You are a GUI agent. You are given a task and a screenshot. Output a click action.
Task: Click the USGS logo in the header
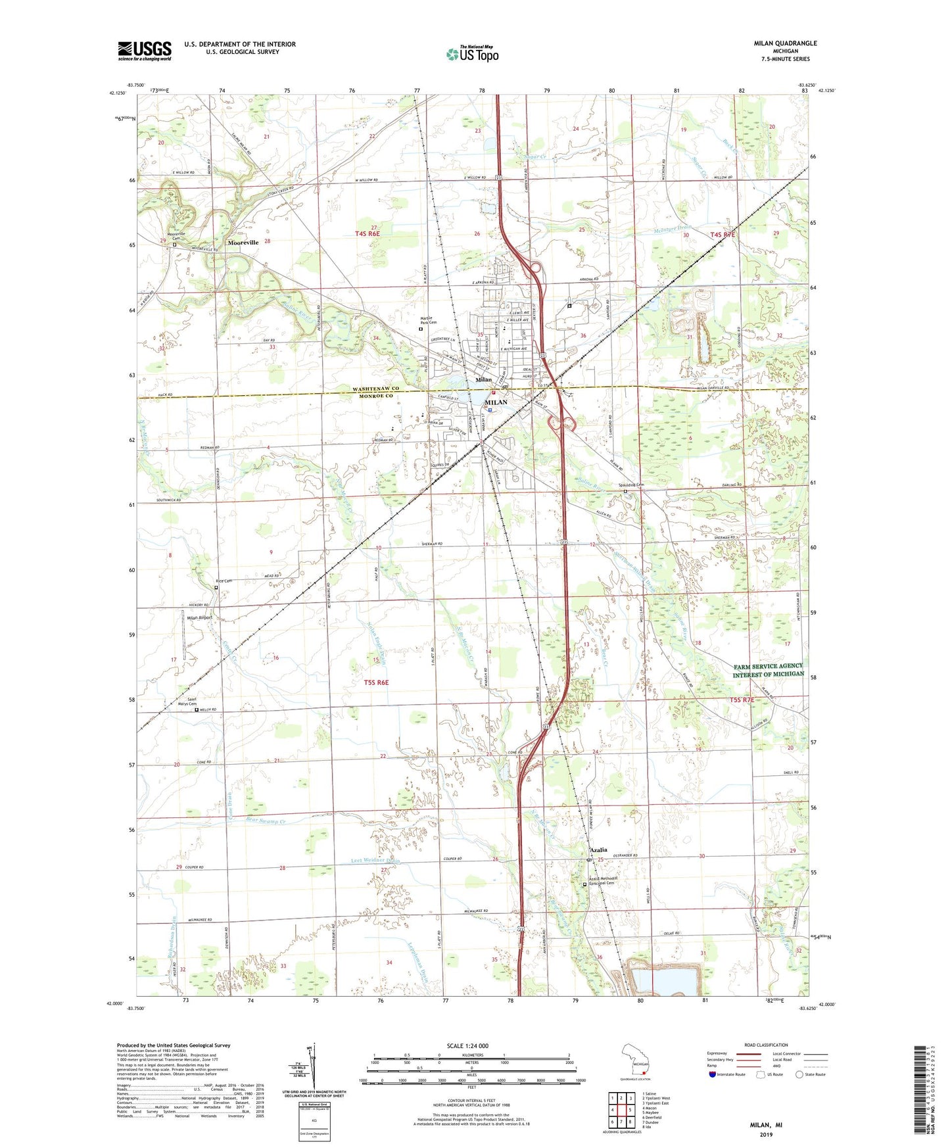[x=145, y=51]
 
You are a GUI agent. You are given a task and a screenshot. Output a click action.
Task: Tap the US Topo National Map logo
[x=472, y=54]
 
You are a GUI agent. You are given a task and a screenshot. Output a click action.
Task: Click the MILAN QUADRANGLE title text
[x=785, y=43]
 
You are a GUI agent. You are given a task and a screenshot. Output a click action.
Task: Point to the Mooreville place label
[x=243, y=243]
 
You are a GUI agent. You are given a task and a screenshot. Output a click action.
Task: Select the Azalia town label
[x=598, y=850]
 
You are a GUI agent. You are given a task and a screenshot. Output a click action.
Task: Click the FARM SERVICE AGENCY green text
[x=768, y=666]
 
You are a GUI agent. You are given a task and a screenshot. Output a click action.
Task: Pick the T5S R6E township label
[x=376, y=682]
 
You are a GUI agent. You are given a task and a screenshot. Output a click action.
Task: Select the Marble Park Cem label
[x=428, y=322]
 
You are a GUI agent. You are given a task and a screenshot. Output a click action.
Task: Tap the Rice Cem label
[x=224, y=581]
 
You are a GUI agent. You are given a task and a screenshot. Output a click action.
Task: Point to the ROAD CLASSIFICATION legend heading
[x=766, y=1045]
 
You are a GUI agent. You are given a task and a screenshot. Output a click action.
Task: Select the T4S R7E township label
[x=723, y=235]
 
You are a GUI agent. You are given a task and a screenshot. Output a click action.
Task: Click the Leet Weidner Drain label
[x=375, y=861]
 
